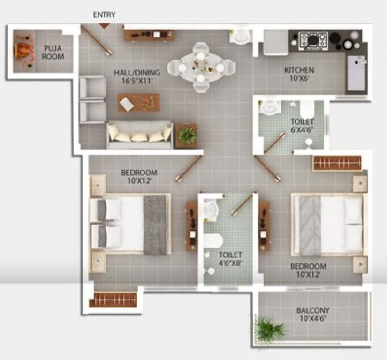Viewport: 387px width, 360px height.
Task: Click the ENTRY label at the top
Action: pyautogui.click(x=104, y=15)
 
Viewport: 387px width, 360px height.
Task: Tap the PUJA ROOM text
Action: pyautogui.click(x=53, y=52)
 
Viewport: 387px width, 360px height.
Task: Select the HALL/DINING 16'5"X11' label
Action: pyautogui.click(x=137, y=76)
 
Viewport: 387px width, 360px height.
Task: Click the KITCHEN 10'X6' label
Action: pyautogui.click(x=299, y=74)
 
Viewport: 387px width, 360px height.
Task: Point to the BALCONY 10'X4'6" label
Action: pyautogui.click(x=312, y=314)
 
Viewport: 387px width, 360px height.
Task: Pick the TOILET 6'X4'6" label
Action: pyautogui.click(x=302, y=126)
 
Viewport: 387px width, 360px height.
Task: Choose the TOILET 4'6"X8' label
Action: pyautogui.click(x=230, y=259)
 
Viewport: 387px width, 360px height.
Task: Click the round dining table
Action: pyautogui.click(x=201, y=67)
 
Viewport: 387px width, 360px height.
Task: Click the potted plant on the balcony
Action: pyautogui.click(x=269, y=329)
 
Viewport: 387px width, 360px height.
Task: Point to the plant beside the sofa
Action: pyautogui.click(x=187, y=135)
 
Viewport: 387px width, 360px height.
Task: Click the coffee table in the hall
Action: pyautogui.click(x=138, y=103)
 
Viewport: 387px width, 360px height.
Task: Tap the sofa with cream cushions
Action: pyautogui.click(x=139, y=135)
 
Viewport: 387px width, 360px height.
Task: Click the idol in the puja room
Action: pyautogui.click(x=23, y=50)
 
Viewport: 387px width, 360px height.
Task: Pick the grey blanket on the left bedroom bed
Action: pyautogui.click(x=155, y=225)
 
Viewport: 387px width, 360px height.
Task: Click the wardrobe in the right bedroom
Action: pyautogui.click(x=337, y=163)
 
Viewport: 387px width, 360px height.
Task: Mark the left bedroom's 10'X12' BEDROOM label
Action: pyautogui.click(x=139, y=176)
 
